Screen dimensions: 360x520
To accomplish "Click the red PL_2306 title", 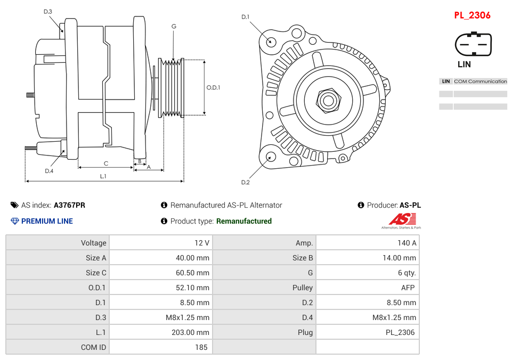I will coord(472,15).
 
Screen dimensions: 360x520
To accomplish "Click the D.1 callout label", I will coord(245,17).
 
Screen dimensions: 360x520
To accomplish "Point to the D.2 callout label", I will coord(245,182).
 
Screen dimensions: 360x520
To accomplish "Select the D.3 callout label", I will coord(48,12).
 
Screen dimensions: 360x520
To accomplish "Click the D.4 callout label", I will coord(49,171).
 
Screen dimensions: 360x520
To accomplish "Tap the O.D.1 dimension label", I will coord(213,87).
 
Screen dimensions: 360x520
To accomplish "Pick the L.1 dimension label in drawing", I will coord(103,176).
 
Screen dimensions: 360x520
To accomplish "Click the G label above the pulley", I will coord(174,26).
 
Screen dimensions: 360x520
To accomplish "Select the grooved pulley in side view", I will coord(172,87).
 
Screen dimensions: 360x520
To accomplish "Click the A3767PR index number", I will coord(69,205).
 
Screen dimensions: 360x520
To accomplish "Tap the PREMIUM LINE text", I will coord(47,221).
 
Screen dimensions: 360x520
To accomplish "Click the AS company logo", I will coord(401,220).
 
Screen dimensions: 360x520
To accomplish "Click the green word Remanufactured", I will coord(243,221).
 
